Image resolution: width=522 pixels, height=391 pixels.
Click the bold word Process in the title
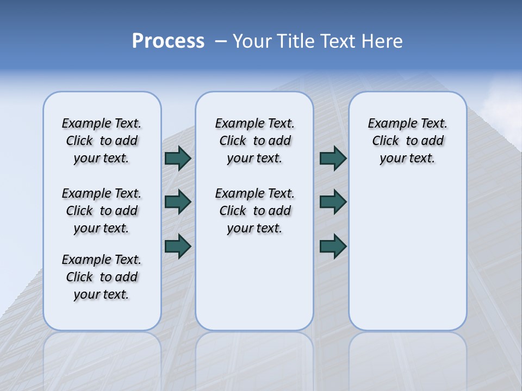coord(168,41)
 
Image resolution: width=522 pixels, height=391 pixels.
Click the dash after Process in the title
coord(220,42)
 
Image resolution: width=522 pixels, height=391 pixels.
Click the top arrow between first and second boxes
coord(178,159)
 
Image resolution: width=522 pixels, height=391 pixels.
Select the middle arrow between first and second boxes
coord(178,202)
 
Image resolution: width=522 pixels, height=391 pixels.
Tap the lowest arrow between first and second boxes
coord(178,246)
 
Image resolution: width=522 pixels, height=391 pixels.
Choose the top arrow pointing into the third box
coord(333,159)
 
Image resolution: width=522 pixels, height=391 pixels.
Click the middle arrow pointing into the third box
coord(333,202)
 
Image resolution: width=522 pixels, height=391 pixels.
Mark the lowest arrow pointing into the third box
coord(333,246)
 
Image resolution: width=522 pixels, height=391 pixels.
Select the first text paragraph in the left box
coord(102,141)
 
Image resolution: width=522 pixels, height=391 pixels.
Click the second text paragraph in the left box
coord(102,211)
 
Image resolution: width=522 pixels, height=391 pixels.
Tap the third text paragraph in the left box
coord(102,277)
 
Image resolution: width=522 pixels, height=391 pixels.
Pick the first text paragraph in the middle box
coord(254,141)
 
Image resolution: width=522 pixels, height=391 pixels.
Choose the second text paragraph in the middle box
coord(254,211)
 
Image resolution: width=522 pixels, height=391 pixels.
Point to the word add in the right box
coord(432,141)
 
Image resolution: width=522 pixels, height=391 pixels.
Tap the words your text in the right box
coord(407,159)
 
